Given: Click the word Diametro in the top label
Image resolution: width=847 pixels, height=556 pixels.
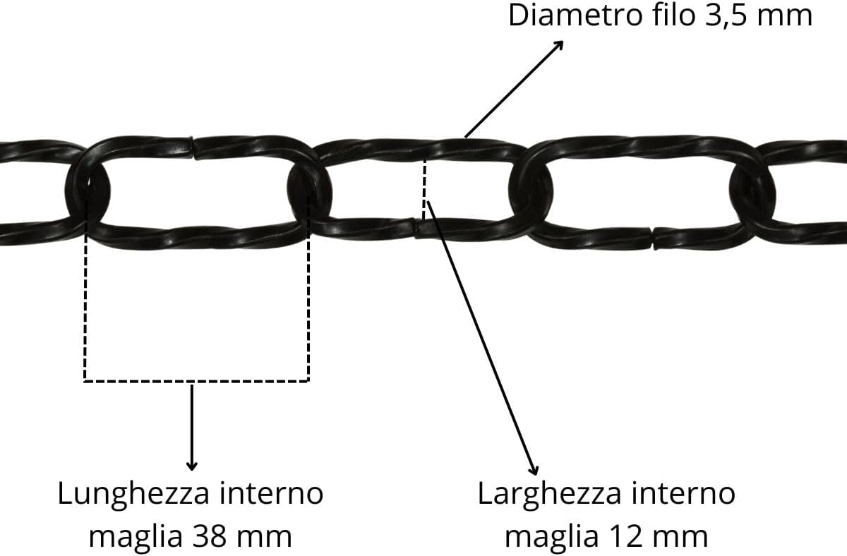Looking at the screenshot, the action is click(x=575, y=15).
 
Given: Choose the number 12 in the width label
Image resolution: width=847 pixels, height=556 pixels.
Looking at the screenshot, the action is click(x=623, y=536).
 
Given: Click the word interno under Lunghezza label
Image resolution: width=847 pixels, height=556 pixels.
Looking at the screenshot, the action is click(x=272, y=493).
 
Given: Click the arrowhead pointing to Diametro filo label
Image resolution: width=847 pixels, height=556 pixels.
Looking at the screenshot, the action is click(x=559, y=45).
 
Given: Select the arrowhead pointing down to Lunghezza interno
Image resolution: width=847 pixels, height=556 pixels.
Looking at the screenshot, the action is click(x=192, y=466).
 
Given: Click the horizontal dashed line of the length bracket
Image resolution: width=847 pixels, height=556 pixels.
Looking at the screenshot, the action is click(x=197, y=380).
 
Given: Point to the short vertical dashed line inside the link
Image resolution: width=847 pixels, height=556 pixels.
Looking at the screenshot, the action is click(x=424, y=189).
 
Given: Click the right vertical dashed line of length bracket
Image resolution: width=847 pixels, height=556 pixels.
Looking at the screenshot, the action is click(x=308, y=287).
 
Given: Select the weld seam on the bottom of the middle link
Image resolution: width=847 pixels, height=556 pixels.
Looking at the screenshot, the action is click(x=415, y=228).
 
